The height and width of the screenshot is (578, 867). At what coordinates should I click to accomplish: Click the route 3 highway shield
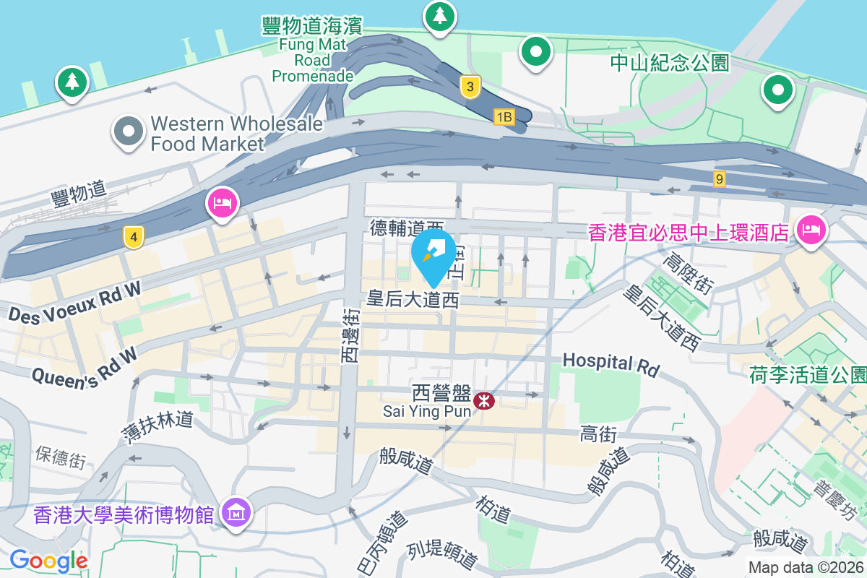coord(470,87)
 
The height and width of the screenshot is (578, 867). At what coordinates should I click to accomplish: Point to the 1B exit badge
coord(504,116)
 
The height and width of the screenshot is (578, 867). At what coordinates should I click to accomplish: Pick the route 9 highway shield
coord(719,178)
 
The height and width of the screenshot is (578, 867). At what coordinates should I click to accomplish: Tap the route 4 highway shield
coord(132,236)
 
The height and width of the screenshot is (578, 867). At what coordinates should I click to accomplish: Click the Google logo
coord(48,560)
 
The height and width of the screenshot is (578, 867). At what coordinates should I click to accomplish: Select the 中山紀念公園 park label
coord(670,63)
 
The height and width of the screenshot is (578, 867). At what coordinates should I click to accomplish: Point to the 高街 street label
coord(598,433)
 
